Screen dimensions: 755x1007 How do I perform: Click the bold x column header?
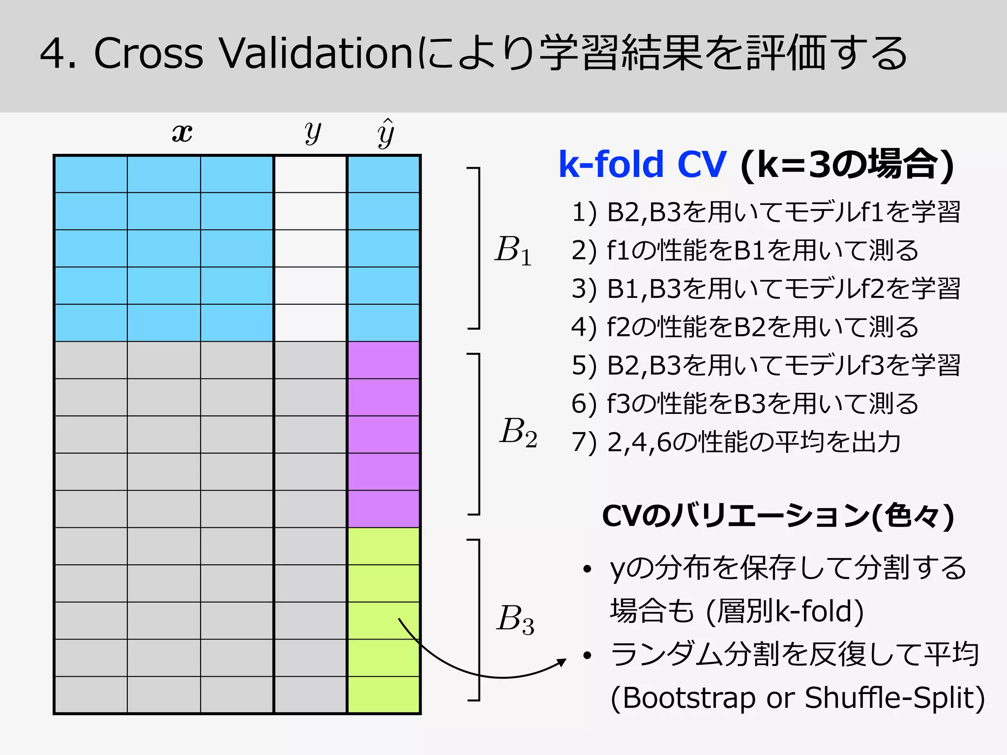pos(182,133)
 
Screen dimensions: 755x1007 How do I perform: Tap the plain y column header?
pos(312,133)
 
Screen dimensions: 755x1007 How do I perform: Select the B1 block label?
pos(513,250)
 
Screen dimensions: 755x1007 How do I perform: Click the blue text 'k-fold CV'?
pos(642,165)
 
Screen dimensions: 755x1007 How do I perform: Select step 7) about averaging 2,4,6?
pos(736,441)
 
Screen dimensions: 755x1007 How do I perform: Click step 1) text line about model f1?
pos(766,212)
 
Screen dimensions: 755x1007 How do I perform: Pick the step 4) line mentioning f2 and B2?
pos(744,327)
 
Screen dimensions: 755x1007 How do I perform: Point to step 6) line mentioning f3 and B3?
pos(744,404)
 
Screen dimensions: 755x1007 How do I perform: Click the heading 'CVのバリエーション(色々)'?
pos(778,516)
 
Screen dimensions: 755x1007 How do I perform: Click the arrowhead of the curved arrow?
pos(562,662)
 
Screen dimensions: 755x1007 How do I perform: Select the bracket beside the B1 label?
pos(477,248)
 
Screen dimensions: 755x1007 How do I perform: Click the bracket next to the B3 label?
pos(477,619)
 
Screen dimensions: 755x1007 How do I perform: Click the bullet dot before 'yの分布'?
pos(587,570)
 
